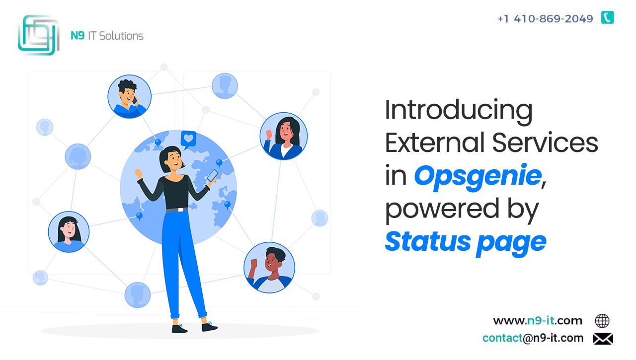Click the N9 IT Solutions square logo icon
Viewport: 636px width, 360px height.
39,35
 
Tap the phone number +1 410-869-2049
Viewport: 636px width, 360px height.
546,19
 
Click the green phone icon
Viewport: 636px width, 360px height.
608,17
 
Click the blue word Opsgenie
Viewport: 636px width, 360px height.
477,176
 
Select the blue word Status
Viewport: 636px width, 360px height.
428,241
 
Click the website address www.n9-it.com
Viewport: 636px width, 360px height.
538,321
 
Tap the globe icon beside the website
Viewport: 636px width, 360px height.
602,321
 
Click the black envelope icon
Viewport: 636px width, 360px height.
603,339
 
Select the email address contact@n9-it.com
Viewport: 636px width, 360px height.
533,338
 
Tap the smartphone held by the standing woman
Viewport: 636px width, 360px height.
212,175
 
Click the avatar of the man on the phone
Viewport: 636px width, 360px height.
130,96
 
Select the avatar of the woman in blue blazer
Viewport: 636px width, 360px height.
284,136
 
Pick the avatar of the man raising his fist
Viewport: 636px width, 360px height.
269,267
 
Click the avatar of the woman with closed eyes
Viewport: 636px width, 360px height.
69,232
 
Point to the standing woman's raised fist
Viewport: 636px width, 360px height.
139,173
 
